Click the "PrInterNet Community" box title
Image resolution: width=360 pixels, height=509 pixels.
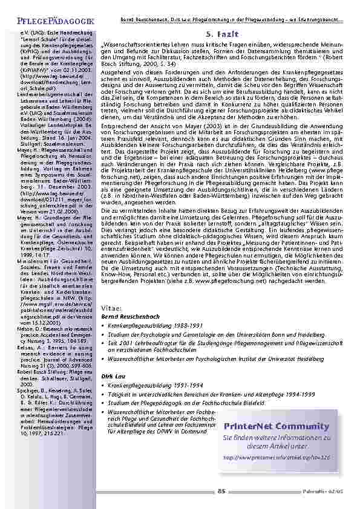(x=276, y=427)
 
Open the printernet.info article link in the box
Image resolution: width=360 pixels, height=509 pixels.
(x=276, y=457)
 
